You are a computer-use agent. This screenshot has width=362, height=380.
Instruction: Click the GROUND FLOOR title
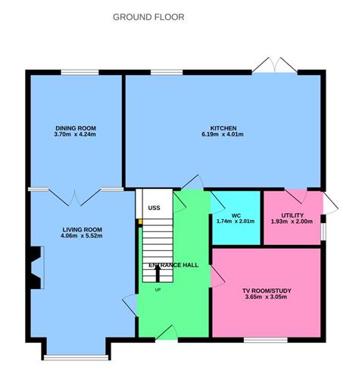tap(148, 17)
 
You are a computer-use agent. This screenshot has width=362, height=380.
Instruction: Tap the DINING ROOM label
tap(75, 127)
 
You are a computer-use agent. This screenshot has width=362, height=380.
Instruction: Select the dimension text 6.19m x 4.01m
tap(224, 135)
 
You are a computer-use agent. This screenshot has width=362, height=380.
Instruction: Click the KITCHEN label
tap(224, 127)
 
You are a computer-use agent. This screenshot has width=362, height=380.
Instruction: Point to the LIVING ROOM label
tap(83, 228)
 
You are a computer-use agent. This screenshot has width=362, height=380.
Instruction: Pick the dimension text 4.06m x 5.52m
tap(83, 236)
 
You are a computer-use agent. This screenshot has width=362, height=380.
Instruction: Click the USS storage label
tap(154, 206)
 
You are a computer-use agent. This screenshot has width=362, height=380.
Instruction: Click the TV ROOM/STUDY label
tap(266, 290)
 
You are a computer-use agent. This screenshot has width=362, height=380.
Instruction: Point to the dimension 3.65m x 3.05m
tap(266, 297)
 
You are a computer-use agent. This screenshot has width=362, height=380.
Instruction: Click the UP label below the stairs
tap(158, 289)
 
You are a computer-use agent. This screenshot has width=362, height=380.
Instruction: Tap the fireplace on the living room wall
tap(34, 269)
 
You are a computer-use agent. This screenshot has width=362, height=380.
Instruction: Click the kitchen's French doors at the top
tap(275, 67)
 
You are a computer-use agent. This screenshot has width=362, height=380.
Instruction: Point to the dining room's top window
tap(76, 72)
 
